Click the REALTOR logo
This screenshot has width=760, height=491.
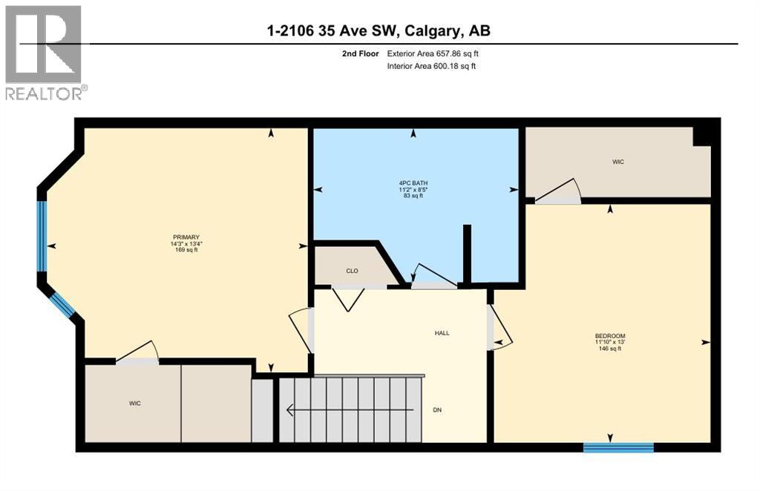[44, 52]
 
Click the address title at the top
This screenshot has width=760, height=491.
[379, 30]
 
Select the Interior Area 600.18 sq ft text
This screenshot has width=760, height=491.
[431, 66]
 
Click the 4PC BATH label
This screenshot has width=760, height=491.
[413, 183]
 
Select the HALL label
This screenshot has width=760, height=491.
[442, 333]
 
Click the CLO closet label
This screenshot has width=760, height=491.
[352, 271]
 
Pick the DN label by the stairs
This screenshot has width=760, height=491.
[437, 409]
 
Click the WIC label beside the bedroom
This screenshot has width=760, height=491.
[617, 162]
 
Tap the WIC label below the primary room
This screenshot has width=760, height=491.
[134, 403]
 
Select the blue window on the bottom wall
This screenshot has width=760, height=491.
[618, 446]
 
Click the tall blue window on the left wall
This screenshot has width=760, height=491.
[42, 237]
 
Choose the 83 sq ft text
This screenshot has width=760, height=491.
[413, 196]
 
